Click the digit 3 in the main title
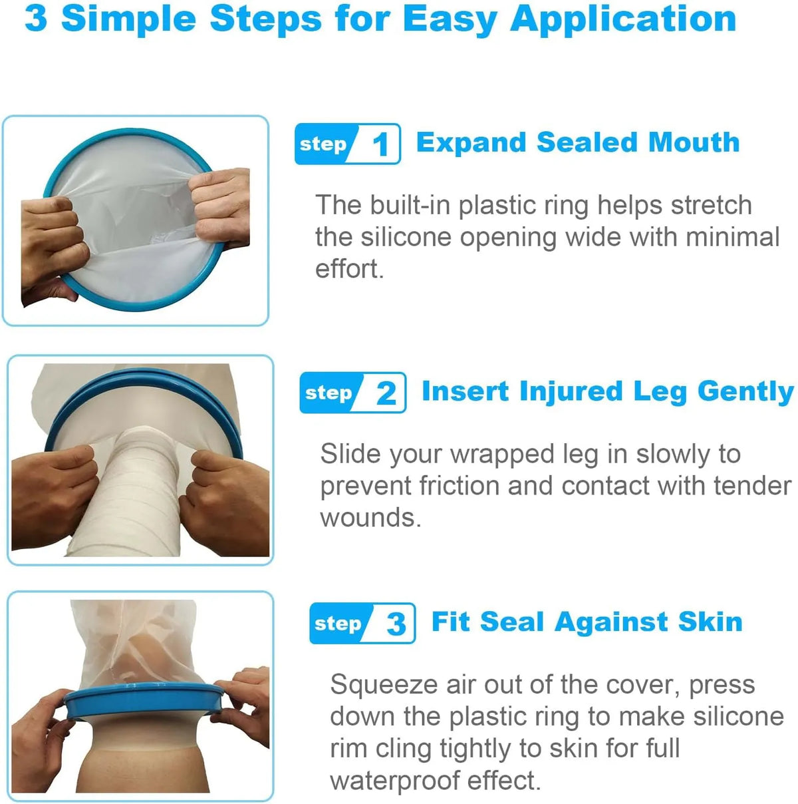(x=36, y=19)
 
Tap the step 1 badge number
(x=380, y=145)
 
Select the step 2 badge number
(x=386, y=393)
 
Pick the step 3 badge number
(x=396, y=624)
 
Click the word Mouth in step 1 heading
(x=694, y=142)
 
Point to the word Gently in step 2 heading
(x=745, y=393)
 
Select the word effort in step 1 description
(x=348, y=269)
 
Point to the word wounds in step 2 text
(x=370, y=518)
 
